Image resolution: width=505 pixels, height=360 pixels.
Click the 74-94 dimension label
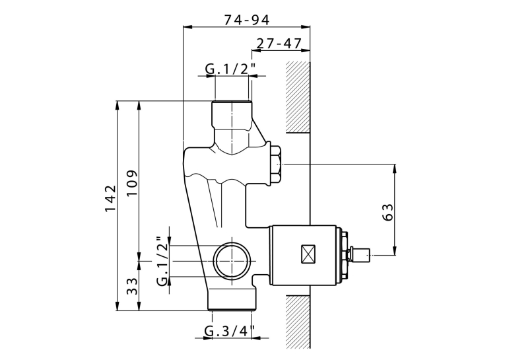[247, 20]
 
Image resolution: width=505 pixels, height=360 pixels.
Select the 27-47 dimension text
[279, 43]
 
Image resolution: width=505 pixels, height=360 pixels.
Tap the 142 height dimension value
[110, 198]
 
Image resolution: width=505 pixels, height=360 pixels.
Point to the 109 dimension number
[132, 182]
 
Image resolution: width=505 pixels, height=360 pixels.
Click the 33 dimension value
[132, 286]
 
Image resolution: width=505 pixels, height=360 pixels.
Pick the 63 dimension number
[388, 212]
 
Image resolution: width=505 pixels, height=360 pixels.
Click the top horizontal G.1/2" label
[230, 68]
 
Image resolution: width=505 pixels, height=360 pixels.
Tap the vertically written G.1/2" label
[162, 261]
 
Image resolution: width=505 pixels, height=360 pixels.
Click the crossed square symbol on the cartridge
[308, 254]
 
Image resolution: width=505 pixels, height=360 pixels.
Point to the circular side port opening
[231, 260]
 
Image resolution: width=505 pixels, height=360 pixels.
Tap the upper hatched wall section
[298, 97]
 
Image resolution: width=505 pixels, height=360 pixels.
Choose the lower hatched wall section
[298, 322]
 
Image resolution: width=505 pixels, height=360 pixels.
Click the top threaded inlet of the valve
[232, 113]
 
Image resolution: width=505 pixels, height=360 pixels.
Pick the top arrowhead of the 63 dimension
[395, 168]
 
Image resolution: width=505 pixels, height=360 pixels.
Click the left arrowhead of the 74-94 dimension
[187, 27]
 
